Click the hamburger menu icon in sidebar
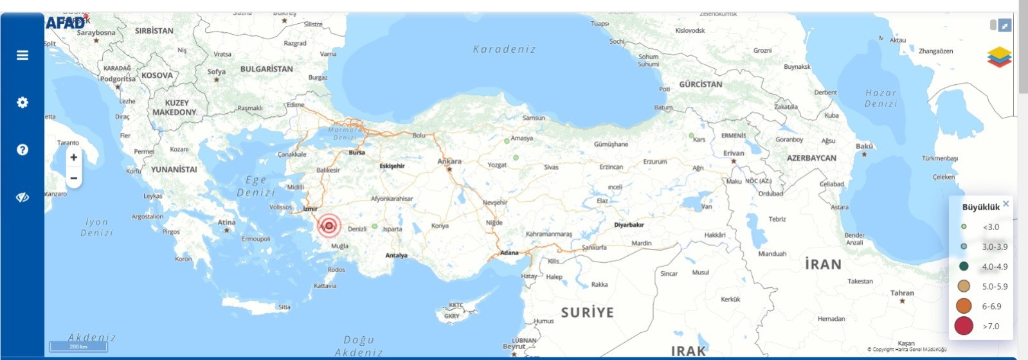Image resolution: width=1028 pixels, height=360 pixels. pos(23,55)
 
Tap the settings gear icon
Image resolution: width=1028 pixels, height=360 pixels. pos(23,102)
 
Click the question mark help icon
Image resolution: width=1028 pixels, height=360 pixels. pos(23,150)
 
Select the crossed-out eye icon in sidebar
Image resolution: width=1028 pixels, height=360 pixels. pos(23,197)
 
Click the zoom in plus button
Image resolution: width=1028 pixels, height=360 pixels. pos(74,157)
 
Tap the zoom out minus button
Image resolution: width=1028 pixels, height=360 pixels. pos(74,178)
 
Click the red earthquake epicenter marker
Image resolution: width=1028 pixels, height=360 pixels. pos(329,225)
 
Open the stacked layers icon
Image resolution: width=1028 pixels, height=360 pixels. pos(999,57)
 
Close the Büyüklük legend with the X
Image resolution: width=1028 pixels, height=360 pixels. pos(1005,204)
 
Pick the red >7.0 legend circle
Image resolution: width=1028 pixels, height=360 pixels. pos(964,326)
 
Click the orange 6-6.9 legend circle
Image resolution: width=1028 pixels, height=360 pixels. pos(964,306)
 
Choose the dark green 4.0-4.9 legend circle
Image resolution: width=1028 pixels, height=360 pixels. pos(964,266)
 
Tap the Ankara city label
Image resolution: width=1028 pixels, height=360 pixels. pos(449,161)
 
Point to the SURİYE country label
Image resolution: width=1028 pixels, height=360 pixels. pos(587,312)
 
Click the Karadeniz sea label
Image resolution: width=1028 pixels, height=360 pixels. pos(504,50)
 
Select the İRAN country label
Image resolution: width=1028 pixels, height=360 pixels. pos(823,264)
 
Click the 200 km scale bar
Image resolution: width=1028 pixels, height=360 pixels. pos(78,347)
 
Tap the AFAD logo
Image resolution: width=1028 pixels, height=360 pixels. pos(66,24)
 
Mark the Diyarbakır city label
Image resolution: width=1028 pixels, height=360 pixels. pos(629,225)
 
